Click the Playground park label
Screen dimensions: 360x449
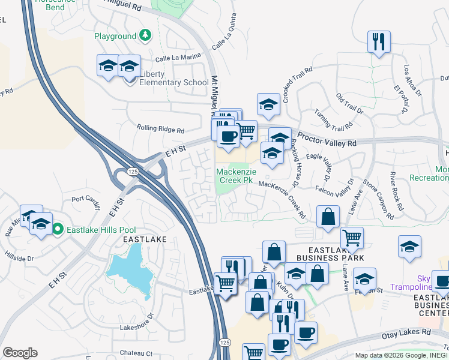click(x=115, y=36)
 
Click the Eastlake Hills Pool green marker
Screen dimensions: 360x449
click(x=58, y=229)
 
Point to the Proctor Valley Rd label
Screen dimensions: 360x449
click(x=327, y=141)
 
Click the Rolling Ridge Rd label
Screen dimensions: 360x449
click(x=160, y=128)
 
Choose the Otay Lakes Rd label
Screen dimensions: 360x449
click(x=406, y=331)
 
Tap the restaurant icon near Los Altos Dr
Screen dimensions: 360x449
click(x=379, y=42)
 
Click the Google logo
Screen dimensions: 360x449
click(x=20, y=353)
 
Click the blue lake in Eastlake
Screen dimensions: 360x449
click(x=130, y=269)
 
